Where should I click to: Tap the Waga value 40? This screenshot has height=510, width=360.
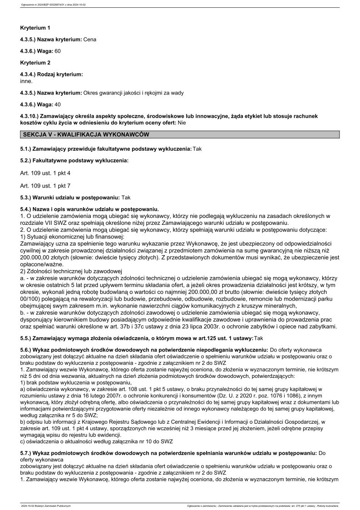tap(57, 104)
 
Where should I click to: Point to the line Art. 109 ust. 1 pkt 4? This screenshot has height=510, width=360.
tap(45, 173)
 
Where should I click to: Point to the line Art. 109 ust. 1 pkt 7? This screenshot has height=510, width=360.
tap(45, 185)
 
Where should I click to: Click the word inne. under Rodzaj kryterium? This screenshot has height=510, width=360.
tap(26, 81)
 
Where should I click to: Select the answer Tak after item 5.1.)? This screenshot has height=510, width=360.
tap(197, 149)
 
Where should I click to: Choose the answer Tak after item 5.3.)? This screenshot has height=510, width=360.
tap(126, 198)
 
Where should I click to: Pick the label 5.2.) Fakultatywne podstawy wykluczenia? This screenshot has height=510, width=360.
tap(74, 161)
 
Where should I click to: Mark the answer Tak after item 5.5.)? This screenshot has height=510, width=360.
tap(259, 338)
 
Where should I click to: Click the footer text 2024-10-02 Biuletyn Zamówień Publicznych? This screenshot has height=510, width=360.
tap(46, 505)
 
